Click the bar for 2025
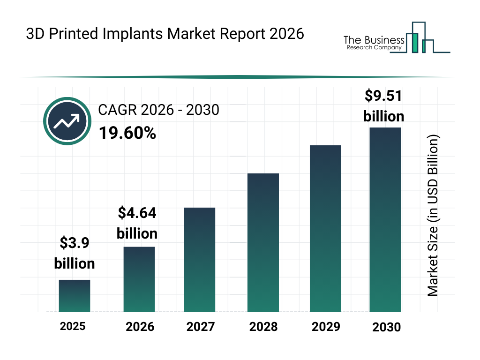coord(75,296)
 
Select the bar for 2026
coord(139,279)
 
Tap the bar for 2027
coord(199,260)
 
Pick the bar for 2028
coord(263,242)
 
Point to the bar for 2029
coord(325,228)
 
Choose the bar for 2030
coord(385,219)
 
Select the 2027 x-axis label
coord(201,327)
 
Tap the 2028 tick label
coord(263,327)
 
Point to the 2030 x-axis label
coord(387,327)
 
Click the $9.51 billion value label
coord(383,106)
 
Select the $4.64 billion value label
coord(137,223)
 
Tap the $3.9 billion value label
coord(75,253)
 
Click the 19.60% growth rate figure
coord(127,134)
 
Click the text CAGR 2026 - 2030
coord(158,110)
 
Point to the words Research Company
coord(374,47)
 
